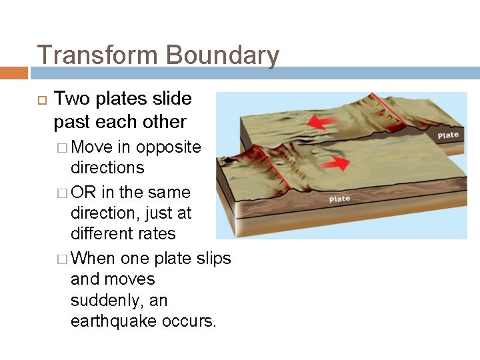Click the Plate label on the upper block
(448, 135)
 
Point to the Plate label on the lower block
(339, 199)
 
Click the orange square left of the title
(13, 72)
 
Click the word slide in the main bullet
(173, 99)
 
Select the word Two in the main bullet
(70, 99)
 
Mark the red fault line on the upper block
(400, 113)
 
